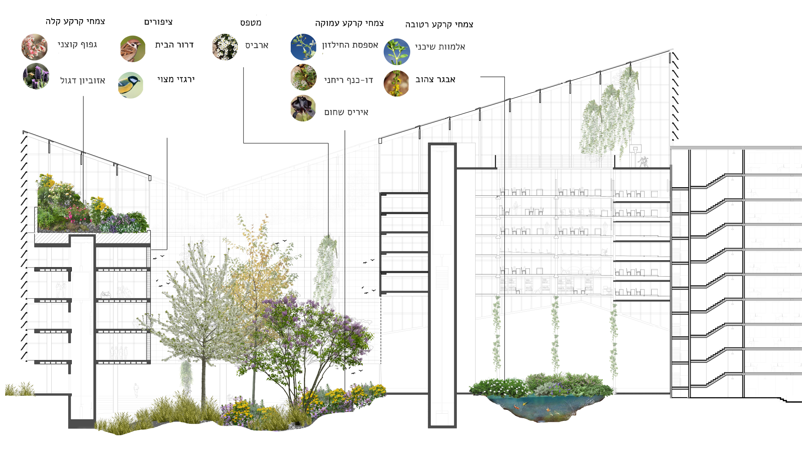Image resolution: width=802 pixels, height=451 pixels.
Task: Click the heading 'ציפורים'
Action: tap(158, 22)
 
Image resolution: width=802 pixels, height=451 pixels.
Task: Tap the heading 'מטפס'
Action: tap(251, 23)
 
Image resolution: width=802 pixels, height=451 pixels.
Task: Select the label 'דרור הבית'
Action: tap(174, 45)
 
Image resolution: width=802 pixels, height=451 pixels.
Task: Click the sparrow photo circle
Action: tap(132, 49)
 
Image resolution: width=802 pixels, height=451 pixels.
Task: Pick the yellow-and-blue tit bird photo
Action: tap(131, 85)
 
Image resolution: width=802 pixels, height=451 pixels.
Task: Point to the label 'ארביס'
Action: tap(257, 45)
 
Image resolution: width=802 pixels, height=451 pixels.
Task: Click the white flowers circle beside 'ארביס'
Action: tap(225, 47)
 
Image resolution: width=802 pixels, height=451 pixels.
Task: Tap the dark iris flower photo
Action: tap(303, 108)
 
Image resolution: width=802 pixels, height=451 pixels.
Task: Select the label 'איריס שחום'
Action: tap(346, 112)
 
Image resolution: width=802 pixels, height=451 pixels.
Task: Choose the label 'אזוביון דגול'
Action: tap(83, 81)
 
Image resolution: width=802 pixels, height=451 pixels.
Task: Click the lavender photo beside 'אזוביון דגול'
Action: tap(36, 76)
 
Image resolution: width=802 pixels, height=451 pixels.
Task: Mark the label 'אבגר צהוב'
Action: tap(435, 80)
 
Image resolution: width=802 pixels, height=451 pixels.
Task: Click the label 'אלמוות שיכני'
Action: tap(440, 47)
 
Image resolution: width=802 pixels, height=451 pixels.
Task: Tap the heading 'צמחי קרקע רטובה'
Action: tap(439, 24)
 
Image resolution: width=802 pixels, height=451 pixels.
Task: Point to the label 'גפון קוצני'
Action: tap(77, 44)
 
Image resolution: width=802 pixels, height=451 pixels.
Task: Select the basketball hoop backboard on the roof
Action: tap(635, 149)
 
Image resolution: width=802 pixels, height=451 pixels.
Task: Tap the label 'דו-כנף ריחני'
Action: tap(348, 80)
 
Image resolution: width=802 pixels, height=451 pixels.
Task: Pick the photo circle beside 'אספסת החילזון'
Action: tap(303, 47)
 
